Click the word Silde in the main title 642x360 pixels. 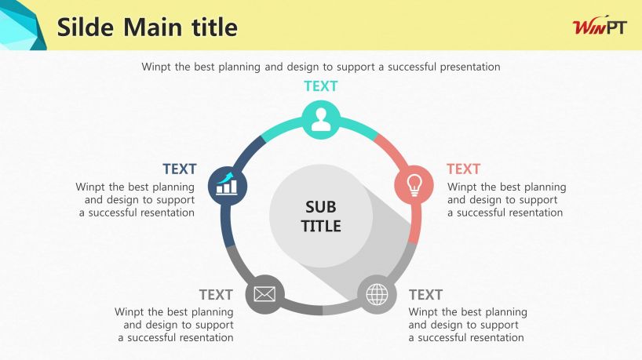tap(86, 27)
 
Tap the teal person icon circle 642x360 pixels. tap(321, 120)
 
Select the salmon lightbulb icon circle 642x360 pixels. tap(414, 185)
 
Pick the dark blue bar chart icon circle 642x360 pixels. tap(228, 186)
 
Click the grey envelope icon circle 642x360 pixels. tap(264, 294)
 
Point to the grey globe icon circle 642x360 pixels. tap(377, 295)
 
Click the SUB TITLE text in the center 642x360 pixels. tap(321, 216)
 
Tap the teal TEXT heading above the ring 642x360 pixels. tap(321, 86)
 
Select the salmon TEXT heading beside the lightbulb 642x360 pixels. tap(464, 169)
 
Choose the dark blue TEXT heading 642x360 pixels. tap(180, 169)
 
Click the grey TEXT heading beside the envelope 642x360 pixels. tap(216, 295)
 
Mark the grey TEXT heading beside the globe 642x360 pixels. tap(426, 295)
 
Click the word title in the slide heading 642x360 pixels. tap(214, 27)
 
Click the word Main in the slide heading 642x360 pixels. tap(153, 27)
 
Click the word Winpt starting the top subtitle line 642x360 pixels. tap(156, 67)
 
